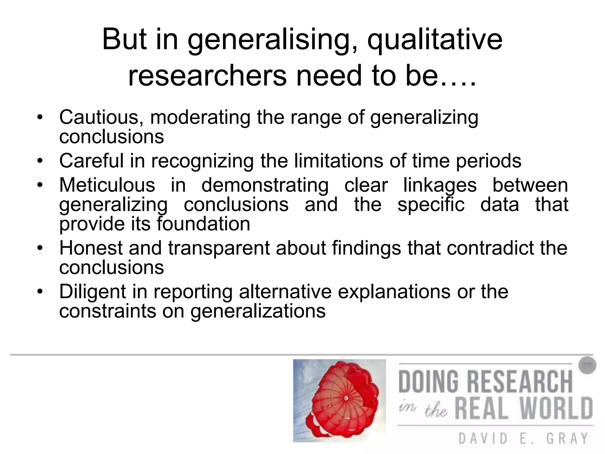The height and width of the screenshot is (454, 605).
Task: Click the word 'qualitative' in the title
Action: tap(435, 40)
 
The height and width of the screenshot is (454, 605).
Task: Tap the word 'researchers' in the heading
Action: tap(207, 76)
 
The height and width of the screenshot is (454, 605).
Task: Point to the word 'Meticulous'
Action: tap(107, 185)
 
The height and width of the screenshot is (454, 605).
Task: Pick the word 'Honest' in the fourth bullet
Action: tap(91, 248)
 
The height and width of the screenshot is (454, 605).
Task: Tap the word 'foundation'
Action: tap(204, 224)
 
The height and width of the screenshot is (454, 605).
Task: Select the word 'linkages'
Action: tap(440, 186)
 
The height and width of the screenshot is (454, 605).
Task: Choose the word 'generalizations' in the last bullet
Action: tap(258, 311)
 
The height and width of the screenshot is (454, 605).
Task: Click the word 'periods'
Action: tap(489, 161)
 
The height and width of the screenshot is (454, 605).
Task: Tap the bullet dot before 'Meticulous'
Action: tap(40, 186)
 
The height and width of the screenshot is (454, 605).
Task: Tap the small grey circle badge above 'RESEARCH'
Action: tap(587, 365)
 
